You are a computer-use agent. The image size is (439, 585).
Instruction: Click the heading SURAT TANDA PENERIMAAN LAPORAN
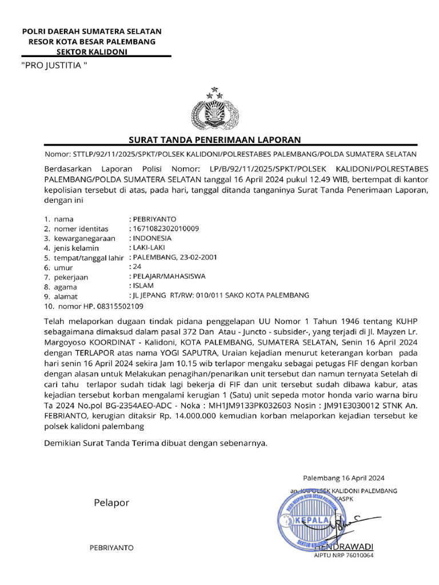click(214, 140)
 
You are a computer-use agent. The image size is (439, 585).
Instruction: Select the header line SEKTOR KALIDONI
click(91, 51)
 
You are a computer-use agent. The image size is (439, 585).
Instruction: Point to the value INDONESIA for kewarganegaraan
click(151, 238)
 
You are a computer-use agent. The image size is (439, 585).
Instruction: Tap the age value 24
click(137, 267)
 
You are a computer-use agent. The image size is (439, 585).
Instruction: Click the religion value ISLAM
click(142, 286)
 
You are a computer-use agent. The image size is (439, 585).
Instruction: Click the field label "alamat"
click(66, 296)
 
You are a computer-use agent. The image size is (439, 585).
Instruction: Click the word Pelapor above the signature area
click(111, 503)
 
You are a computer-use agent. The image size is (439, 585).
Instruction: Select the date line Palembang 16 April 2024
click(344, 478)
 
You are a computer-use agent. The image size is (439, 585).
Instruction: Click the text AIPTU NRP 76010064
click(344, 555)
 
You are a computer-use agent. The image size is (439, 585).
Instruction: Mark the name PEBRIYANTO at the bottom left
click(111, 547)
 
